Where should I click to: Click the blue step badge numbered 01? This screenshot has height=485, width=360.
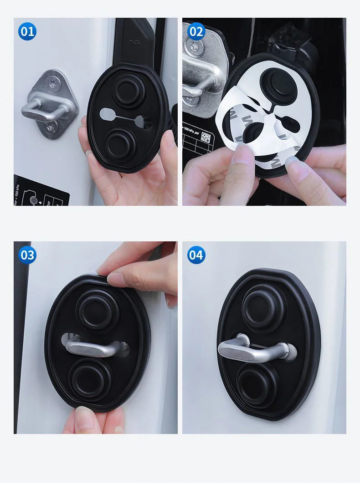coord(27,31)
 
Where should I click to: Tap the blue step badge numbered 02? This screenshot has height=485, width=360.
coord(196,31)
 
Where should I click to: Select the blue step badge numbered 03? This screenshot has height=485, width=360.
coord(27,255)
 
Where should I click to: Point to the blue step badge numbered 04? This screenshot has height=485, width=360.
coord(196,255)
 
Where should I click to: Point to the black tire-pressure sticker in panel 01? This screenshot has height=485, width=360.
coord(41,190)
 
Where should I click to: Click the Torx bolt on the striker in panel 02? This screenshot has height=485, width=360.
coord(194,45)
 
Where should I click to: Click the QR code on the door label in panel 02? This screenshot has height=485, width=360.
coord(206,137)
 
